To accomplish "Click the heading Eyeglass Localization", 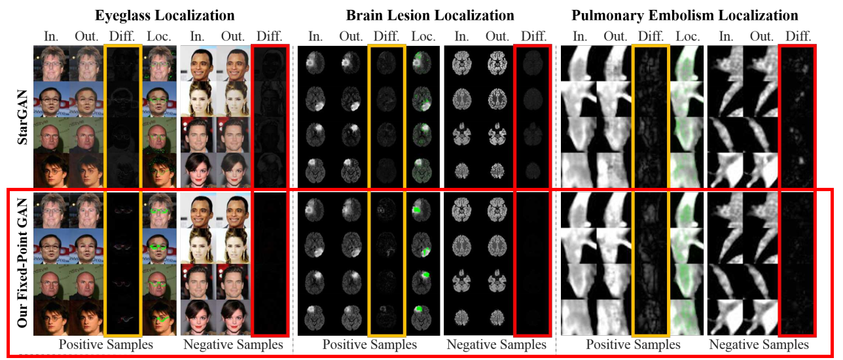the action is tap(164, 14).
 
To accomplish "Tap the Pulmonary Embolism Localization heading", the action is tap(685, 14).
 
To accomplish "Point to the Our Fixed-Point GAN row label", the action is tap(21, 265).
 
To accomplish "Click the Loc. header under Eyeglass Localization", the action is tap(158, 35).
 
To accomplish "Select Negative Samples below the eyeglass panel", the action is tap(233, 344).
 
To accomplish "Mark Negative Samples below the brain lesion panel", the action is tap(496, 344).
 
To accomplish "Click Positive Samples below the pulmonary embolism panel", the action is tap(633, 344).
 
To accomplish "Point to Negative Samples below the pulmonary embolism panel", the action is tap(759, 344).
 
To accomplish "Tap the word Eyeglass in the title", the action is tap(124, 14).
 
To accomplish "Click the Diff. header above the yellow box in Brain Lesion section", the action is tap(387, 35).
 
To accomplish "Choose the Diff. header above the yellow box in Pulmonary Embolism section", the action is tap(651, 35).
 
